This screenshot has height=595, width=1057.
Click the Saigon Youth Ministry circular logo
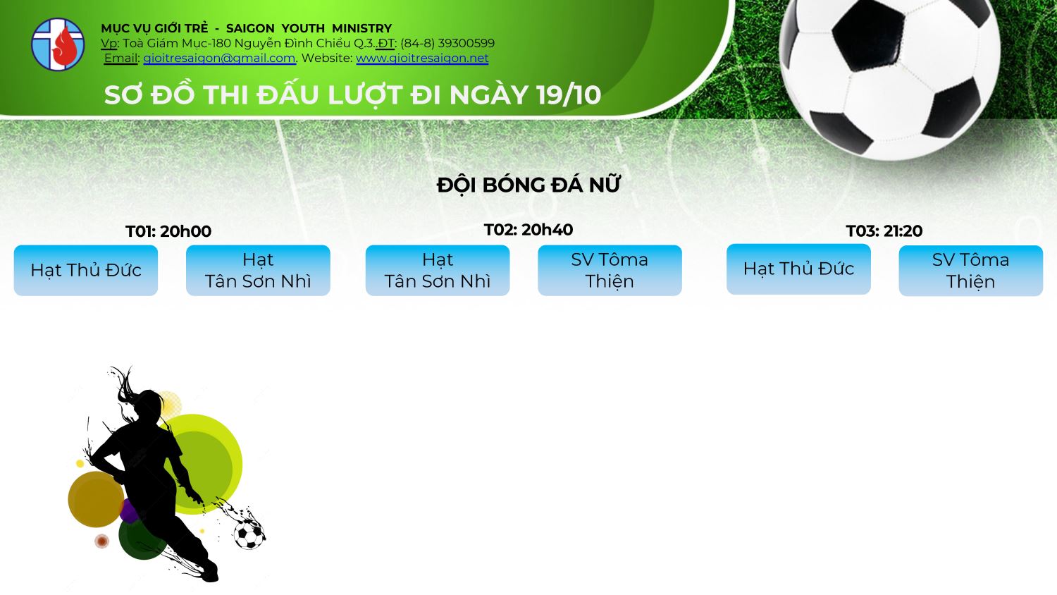tap(58, 44)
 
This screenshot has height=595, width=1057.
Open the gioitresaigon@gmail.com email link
tap(219, 58)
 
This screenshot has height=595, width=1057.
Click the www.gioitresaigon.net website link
tap(422, 58)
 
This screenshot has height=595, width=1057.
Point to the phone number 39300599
tap(466, 43)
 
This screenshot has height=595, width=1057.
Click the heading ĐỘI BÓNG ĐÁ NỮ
tap(528, 185)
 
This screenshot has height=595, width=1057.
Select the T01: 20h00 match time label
tap(168, 231)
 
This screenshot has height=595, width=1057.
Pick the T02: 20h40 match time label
tap(528, 230)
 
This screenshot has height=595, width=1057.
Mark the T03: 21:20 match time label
tap(884, 231)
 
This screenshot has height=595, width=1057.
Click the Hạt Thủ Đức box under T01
tap(86, 271)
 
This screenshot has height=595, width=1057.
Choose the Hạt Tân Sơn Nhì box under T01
tap(258, 271)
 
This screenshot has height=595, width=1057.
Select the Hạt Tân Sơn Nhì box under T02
tap(438, 271)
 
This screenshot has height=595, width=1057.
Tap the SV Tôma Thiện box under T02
tap(610, 271)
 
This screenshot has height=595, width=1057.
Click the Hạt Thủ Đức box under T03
tap(798, 269)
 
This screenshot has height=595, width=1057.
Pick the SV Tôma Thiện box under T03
tap(970, 271)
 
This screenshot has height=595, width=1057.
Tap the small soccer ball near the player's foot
tap(248, 534)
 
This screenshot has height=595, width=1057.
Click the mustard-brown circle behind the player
tap(96, 499)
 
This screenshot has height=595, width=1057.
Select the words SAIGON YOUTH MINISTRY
tap(309, 28)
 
